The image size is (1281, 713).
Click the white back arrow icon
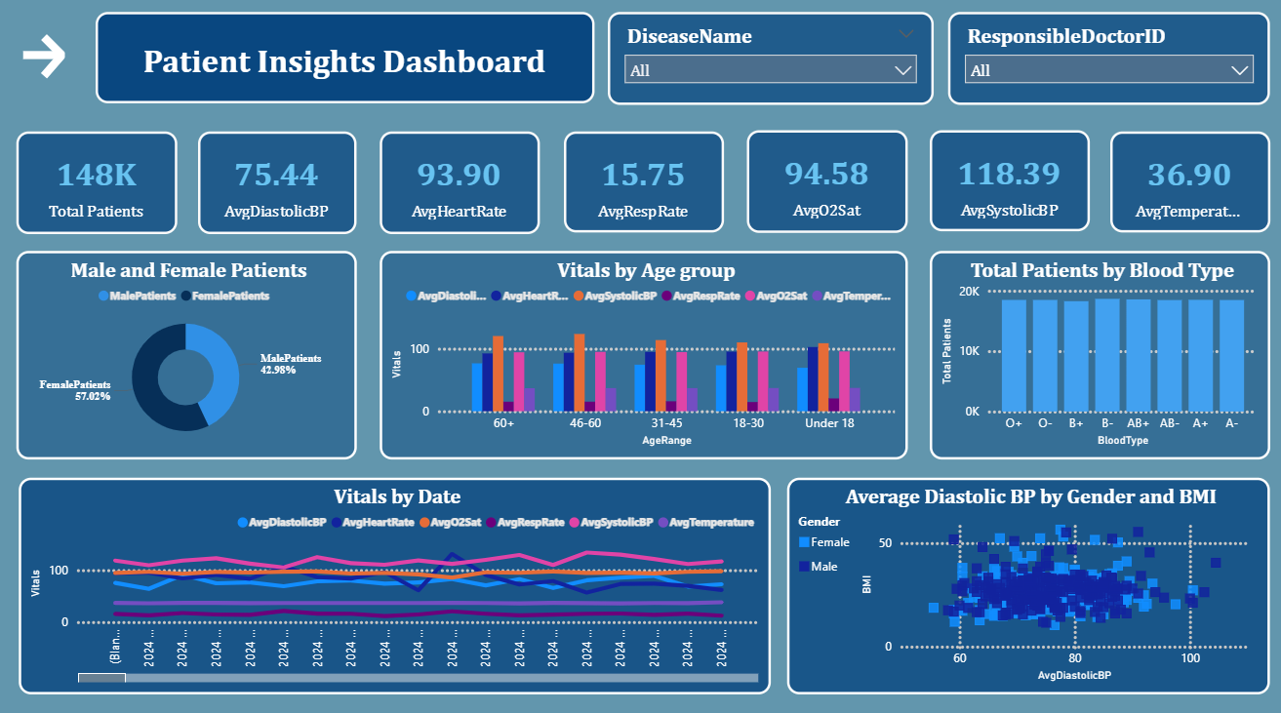[x=44, y=57]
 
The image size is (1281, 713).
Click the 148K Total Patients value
[x=97, y=175]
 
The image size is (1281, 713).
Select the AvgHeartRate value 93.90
[x=459, y=175]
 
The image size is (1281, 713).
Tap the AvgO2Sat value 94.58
[x=826, y=173]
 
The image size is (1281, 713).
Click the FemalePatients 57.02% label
[x=75, y=390]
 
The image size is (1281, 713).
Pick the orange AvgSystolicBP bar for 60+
[x=499, y=373]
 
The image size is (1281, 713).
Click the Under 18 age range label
[x=829, y=424]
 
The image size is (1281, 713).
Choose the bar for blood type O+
[x=1014, y=355]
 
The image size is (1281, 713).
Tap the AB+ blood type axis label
[x=1138, y=424]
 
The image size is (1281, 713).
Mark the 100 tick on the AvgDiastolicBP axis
[x=1189, y=658]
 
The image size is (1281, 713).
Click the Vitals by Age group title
[x=646, y=270]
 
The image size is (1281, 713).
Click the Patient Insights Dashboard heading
[x=344, y=61]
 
